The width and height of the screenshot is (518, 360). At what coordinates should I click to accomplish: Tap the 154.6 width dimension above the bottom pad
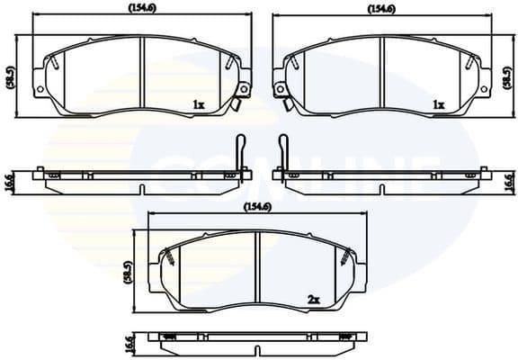coord(258,207)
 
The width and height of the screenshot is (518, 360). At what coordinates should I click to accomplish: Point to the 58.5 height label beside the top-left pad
coord(10,77)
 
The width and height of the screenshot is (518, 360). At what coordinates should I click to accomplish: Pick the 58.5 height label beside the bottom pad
coord(129,273)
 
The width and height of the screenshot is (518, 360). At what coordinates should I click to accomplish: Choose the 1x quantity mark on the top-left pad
coord(198,105)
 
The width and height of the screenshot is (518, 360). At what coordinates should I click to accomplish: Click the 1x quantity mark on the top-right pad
coord(438,105)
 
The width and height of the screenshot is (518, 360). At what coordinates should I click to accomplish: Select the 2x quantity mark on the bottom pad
coord(314,299)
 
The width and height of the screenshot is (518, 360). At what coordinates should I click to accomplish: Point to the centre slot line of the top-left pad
coord(143,76)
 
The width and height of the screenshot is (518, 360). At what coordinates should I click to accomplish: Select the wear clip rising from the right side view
coord(282,151)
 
